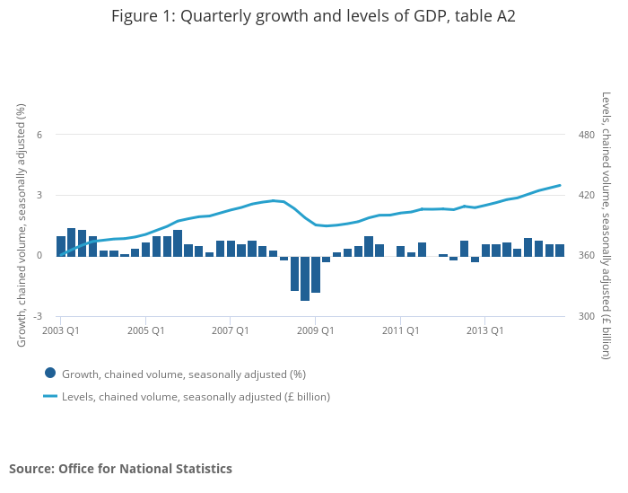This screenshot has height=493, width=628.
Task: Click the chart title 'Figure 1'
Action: [313, 16]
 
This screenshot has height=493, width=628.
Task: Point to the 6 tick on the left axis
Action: [39, 135]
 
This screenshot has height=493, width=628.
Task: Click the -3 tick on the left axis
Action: [37, 317]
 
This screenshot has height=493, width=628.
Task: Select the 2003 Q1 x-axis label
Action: [60, 330]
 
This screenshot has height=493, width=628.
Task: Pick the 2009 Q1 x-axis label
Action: [315, 330]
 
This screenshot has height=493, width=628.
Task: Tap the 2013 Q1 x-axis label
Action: [484, 330]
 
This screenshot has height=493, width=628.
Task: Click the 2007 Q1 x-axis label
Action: [230, 330]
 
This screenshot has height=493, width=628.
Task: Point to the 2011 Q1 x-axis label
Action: [400, 330]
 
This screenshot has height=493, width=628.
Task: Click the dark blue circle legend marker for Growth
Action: [50, 374]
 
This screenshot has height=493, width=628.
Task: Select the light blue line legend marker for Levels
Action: [50, 396]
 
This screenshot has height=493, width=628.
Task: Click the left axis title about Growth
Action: [22, 224]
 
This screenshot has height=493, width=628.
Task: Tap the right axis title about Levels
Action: [606, 224]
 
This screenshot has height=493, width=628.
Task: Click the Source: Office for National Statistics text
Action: [120, 469]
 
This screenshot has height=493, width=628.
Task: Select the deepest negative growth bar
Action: [305, 278]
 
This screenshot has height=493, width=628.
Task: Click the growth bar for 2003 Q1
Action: [61, 246]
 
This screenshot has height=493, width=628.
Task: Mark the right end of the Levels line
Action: [560, 186]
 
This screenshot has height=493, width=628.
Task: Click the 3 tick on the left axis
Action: [39, 195]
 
